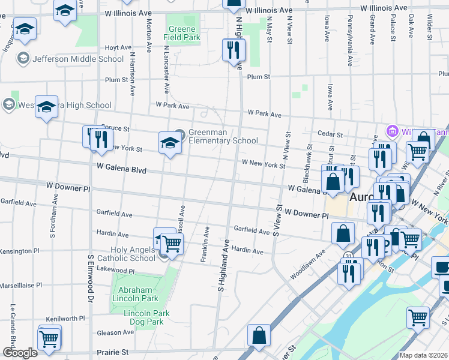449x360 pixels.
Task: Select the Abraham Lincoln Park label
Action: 134,294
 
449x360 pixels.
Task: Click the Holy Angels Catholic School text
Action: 125,254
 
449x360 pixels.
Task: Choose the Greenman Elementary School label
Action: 223,137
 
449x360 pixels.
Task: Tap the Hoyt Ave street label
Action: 118,47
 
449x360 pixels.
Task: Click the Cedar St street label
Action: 331,135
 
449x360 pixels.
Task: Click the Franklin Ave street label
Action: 206,242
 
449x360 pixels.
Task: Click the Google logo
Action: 20,353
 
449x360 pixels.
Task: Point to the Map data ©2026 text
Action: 424,355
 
